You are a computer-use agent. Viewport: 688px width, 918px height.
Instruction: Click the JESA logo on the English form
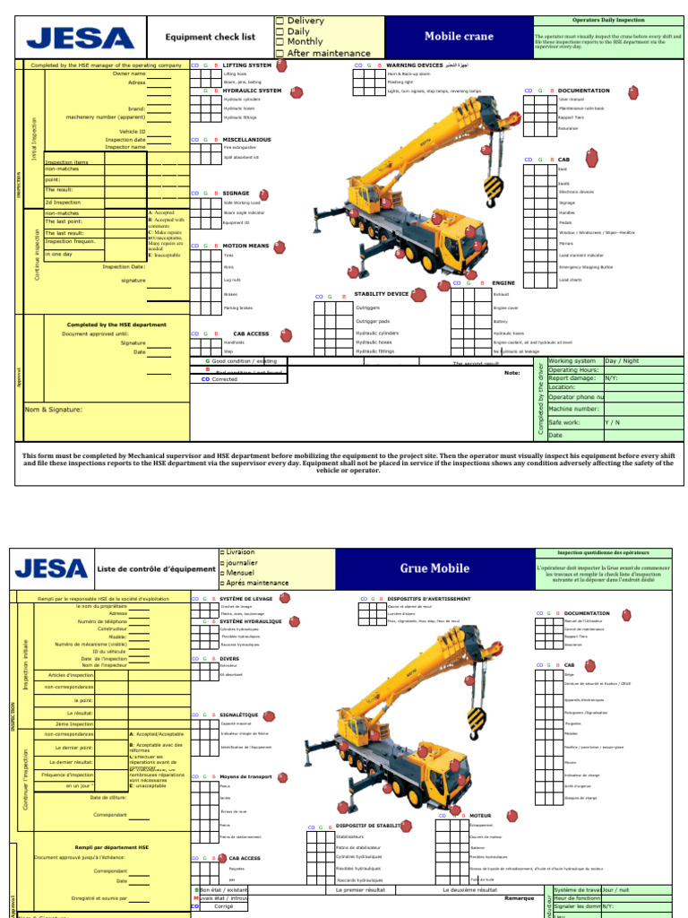[81, 38]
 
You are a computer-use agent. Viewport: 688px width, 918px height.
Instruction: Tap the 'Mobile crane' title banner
[465, 37]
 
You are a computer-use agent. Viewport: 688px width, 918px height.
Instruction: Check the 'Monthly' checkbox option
[305, 42]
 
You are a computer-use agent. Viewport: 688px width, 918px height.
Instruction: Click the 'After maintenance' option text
[327, 54]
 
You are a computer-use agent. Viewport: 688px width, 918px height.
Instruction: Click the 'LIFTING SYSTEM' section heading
[246, 65]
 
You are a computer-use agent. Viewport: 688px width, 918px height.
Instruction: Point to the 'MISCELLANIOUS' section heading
[246, 140]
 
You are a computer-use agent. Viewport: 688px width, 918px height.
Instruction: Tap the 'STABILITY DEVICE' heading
[381, 294]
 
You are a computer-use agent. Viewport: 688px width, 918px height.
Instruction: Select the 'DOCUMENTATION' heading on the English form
[583, 91]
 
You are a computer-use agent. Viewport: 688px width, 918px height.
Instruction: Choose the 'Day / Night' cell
[623, 361]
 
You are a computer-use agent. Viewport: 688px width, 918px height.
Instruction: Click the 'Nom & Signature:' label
[52, 410]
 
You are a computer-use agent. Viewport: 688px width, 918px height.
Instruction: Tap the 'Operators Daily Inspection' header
[607, 19]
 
